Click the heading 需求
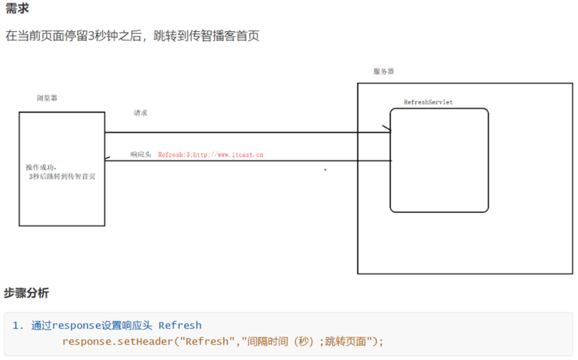tap(17, 9)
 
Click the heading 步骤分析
tap(27, 293)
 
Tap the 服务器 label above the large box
tap(383, 71)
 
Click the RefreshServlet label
tap(428, 102)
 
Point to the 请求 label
tap(140, 113)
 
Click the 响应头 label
tap(140, 155)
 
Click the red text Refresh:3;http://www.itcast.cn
tap(211, 155)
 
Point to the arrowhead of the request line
tap(387, 132)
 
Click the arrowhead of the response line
tap(108, 160)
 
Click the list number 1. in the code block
tap(18, 326)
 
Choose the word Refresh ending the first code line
tap(180, 326)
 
